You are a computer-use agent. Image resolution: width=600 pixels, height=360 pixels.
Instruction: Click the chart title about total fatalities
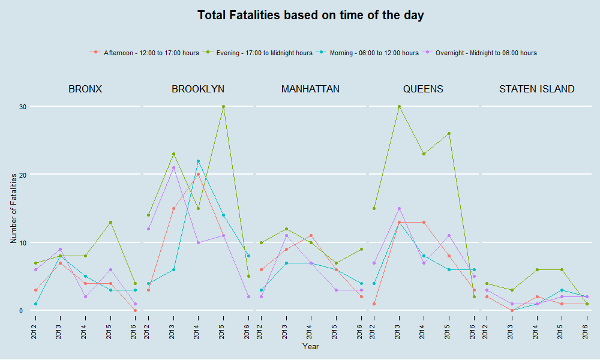point(310,16)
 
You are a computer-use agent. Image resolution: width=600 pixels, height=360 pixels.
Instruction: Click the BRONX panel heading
point(85,89)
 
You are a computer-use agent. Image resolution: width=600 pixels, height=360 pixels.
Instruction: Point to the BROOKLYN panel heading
point(198,89)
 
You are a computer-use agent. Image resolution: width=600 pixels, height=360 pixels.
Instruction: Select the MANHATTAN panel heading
point(310,89)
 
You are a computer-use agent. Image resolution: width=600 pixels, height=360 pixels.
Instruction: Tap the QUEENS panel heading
point(423,89)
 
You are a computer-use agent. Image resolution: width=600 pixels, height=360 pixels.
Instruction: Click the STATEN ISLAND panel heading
point(536,89)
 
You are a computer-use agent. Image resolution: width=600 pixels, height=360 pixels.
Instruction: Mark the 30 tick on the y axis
point(22,107)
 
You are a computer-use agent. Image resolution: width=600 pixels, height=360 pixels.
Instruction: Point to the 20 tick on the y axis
point(22,175)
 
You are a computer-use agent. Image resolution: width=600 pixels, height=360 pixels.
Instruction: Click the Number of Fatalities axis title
point(14,208)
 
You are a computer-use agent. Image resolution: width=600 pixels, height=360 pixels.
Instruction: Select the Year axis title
point(311,346)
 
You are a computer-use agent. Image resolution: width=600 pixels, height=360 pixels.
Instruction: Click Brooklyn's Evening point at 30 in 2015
point(223,107)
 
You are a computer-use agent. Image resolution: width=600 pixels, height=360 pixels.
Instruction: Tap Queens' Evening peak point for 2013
point(399,107)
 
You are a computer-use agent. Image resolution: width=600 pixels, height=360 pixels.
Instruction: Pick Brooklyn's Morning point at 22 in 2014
point(198,161)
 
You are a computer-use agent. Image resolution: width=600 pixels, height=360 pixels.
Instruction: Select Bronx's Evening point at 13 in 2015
point(110,222)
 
